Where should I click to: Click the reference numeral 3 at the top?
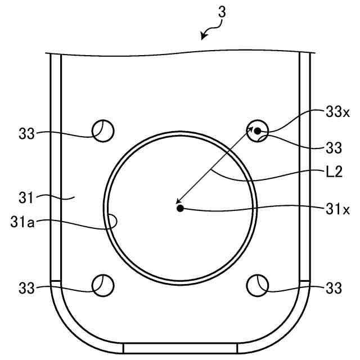[222, 12]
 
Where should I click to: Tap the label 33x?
[337, 112]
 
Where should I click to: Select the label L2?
[334, 172]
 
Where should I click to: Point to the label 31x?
[337, 209]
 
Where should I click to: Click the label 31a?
[22, 222]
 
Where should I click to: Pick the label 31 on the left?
[26, 198]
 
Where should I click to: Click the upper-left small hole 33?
[103, 131]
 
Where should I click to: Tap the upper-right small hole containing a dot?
[258, 131]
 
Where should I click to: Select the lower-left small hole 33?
[103, 285]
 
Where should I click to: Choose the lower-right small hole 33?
[258, 285]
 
